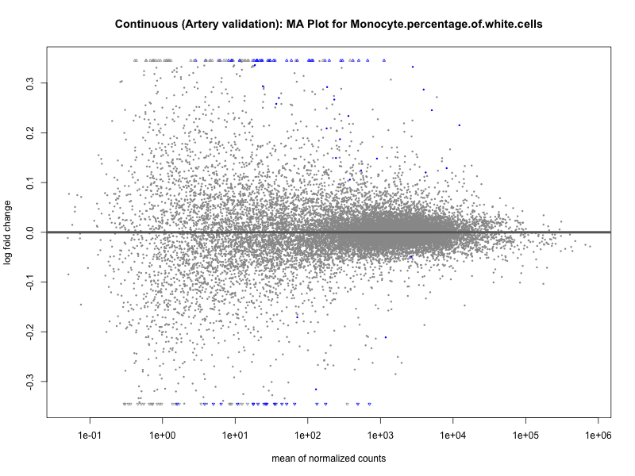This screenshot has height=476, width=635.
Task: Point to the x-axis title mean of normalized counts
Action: coord(329,459)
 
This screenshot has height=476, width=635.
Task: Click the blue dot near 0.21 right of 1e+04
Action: coord(459,125)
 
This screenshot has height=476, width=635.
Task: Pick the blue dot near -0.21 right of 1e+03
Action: coord(386,337)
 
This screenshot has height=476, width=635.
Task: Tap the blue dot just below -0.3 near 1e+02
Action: coord(316,389)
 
